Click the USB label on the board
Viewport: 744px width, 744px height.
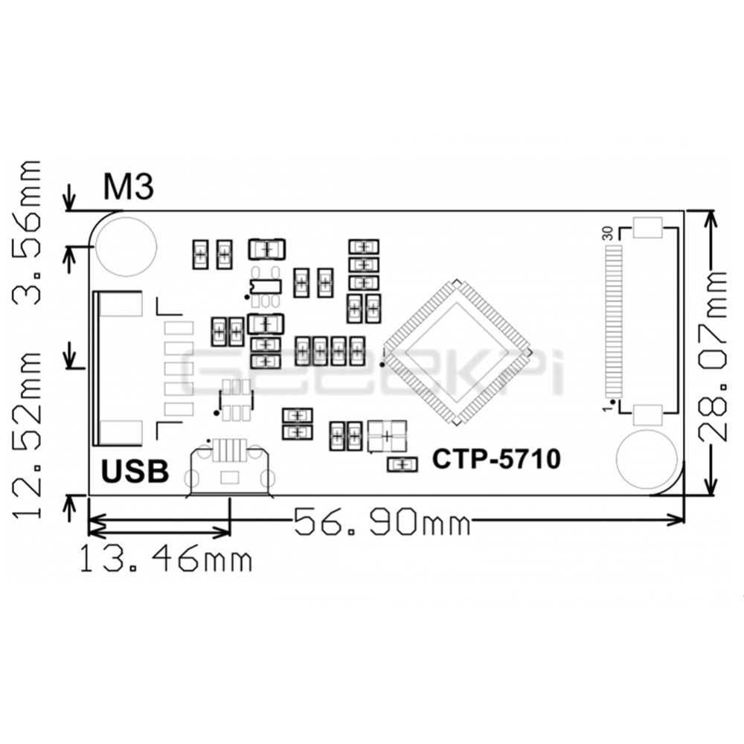point(135,472)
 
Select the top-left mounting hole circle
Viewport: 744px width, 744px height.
point(126,246)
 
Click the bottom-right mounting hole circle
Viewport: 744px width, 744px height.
point(647,460)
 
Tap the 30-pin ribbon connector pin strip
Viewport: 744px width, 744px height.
point(613,320)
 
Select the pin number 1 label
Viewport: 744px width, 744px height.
point(608,408)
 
